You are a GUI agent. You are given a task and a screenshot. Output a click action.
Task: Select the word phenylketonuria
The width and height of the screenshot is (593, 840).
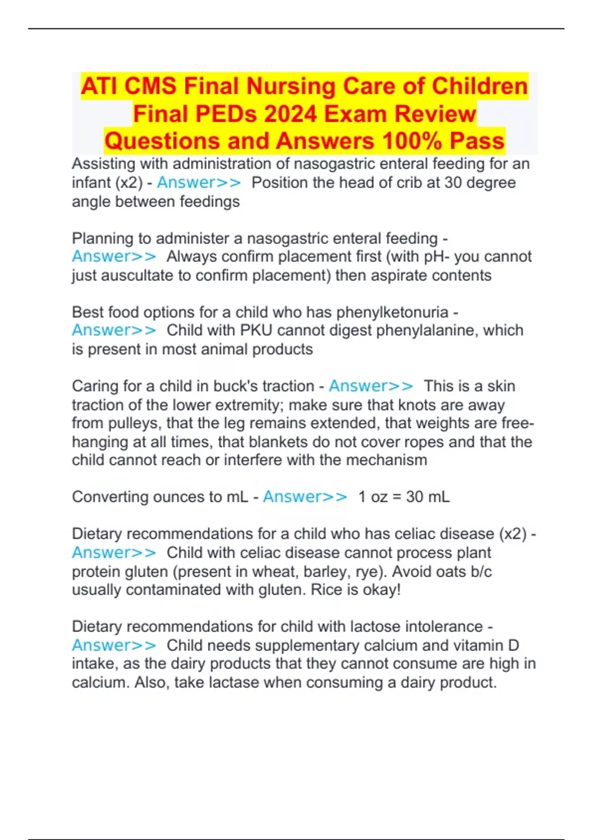tap(392, 312)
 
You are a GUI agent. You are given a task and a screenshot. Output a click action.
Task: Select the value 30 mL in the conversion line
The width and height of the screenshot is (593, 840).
tap(428, 497)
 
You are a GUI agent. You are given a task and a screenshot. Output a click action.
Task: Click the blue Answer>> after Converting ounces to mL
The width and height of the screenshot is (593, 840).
tap(305, 497)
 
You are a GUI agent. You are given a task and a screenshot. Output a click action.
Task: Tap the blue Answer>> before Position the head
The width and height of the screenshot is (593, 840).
tap(199, 183)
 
